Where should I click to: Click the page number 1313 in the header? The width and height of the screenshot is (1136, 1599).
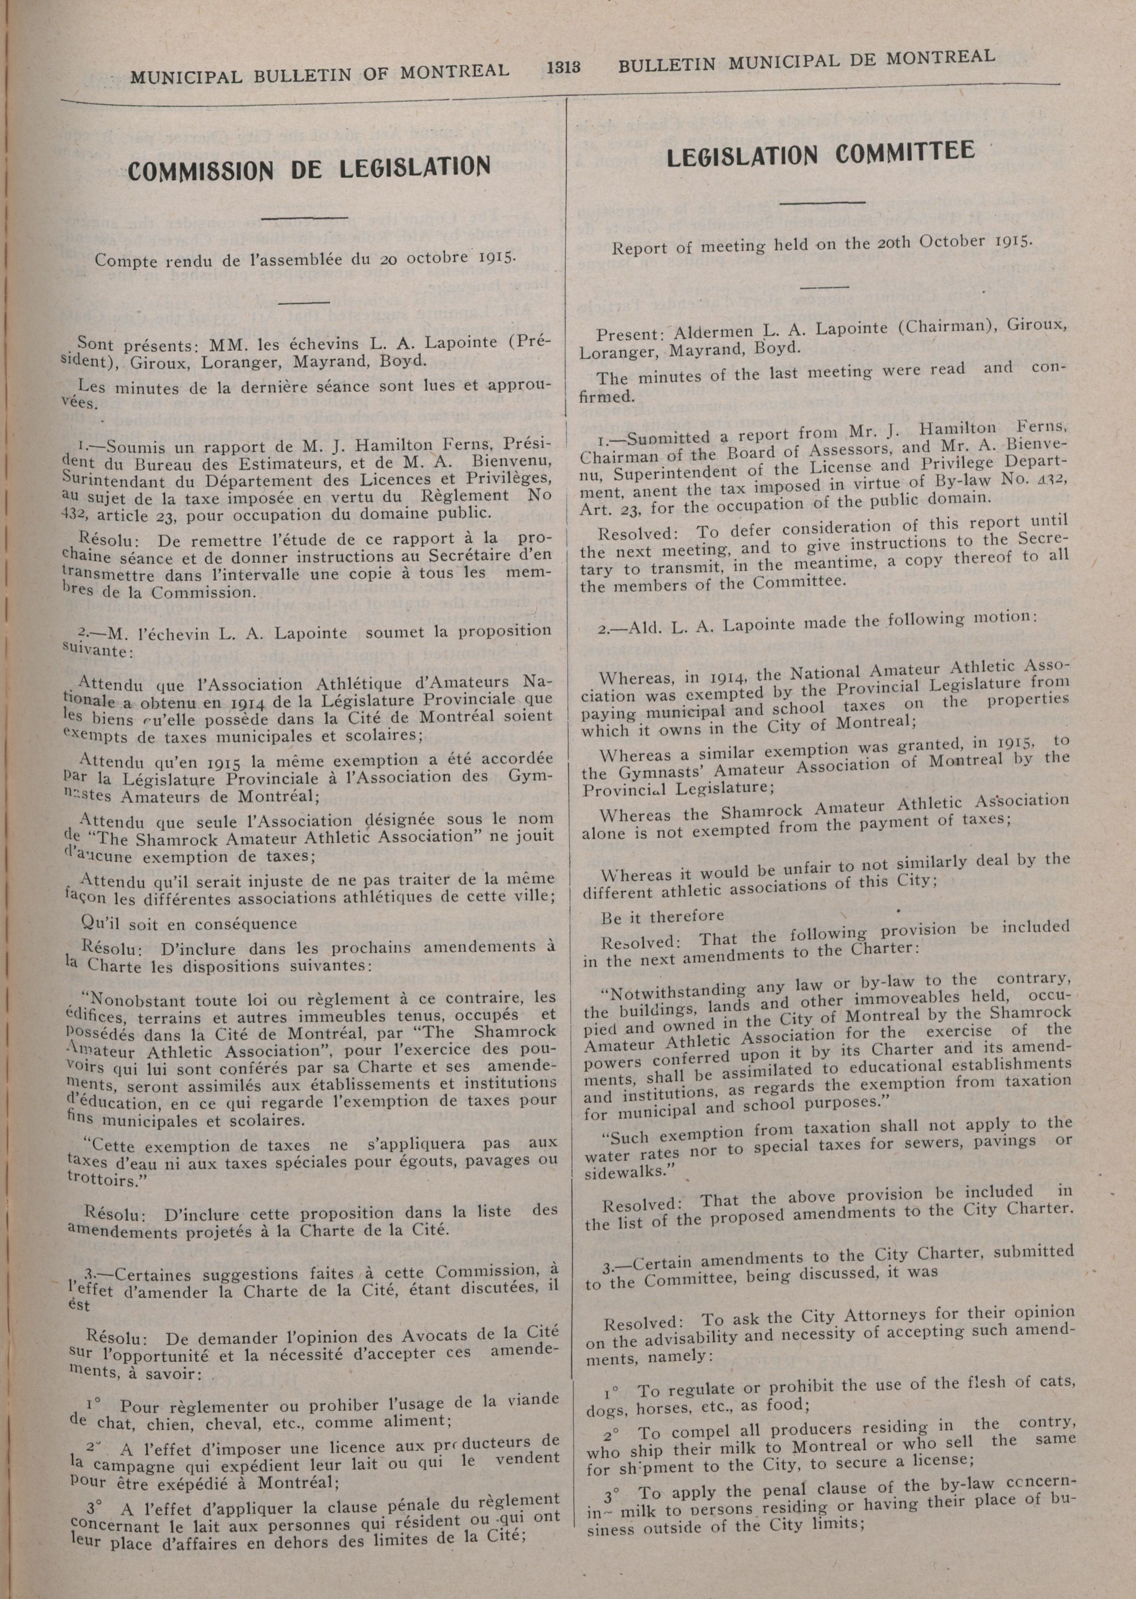(564, 67)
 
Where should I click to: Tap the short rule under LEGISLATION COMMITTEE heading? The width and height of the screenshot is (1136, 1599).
(822, 203)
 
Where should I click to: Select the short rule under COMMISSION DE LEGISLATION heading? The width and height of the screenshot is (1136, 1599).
(308, 219)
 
